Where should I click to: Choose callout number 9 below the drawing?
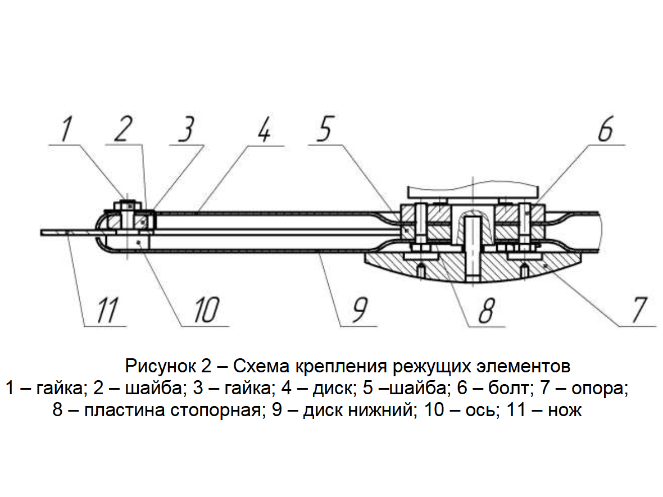coord(360,310)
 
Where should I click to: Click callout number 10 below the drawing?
coord(206,310)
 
